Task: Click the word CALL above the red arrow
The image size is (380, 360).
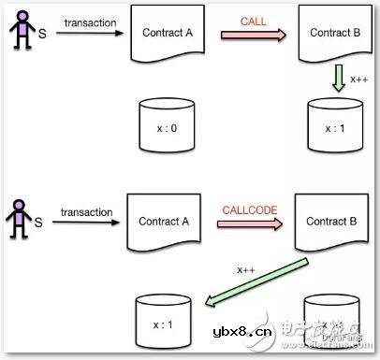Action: coord(253,19)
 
